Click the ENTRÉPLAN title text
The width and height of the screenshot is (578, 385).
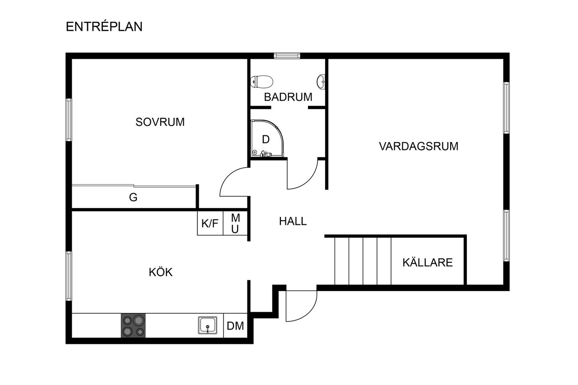pyautogui.click(x=104, y=27)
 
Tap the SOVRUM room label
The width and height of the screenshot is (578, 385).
pyautogui.click(x=160, y=122)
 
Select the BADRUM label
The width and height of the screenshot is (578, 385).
pyautogui.click(x=288, y=97)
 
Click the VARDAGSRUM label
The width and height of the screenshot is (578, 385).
pyautogui.click(x=419, y=146)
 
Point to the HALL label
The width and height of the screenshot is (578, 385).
pyautogui.click(x=293, y=221)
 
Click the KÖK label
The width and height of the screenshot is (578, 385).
pyautogui.click(x=161, y=272)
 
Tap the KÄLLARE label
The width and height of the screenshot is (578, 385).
pyautogui.click(x=427, y=263)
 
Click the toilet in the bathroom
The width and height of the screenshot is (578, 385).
pyautogui.click(x=262, y=82)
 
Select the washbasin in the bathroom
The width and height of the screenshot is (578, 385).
pyautogui.click(x=322, y=82)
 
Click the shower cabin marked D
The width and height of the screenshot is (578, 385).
pyautogui.click(x=266, y=139)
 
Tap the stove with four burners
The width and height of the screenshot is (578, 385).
pyautogui.click(x=134, y=325)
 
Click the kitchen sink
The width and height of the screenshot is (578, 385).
pyautogui.click(x=207, y=325)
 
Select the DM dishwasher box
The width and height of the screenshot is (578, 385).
pyautogui.click(x=235, y=326)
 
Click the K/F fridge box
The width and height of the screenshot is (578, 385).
pyautogui.click(x=210, y=223)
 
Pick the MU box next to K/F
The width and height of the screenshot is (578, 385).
pyautogui.click(x=235, y=223)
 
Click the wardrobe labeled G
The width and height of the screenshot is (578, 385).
pyautogui.click(x=133, y=197)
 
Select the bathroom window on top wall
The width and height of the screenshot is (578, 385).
pyautogui.click(x=287, y=56)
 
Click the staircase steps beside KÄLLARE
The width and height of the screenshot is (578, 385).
pyautogui.click(x=363, y=261)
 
